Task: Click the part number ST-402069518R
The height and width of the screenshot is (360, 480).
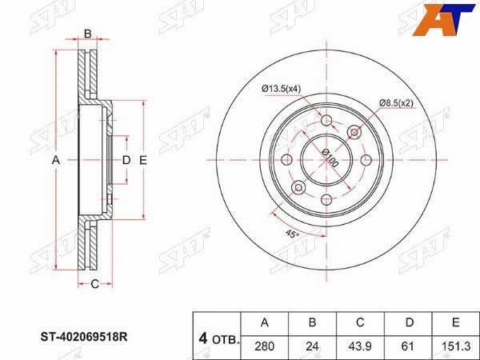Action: [84, 337]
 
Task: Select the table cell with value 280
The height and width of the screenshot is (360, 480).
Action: [265, 346]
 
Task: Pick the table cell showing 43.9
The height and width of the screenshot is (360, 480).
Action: [360, 346]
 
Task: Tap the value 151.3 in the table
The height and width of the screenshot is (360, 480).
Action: [456, 346]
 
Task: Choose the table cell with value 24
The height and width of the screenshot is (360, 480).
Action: [312, 346]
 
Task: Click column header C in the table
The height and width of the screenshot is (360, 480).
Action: [360, 322]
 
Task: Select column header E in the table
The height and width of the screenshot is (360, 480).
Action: [456, 322]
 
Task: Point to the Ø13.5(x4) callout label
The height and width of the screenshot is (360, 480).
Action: [282, 89]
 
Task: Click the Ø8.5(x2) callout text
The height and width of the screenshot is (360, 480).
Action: [396, 103]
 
